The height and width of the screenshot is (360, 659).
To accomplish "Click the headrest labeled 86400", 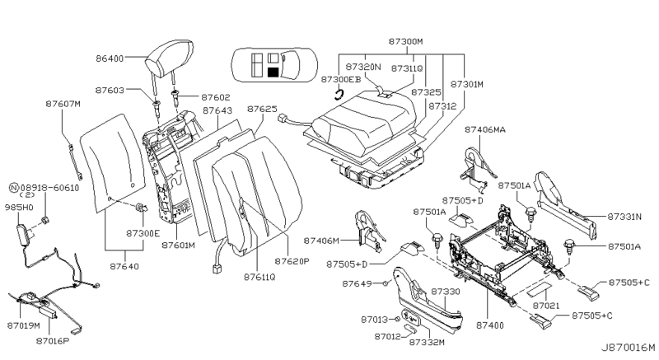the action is [169, 58].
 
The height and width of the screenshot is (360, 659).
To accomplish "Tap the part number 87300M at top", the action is [405, 41].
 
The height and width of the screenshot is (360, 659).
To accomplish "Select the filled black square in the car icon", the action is [273, 72].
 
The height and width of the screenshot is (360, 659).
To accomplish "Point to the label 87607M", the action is [63, 104].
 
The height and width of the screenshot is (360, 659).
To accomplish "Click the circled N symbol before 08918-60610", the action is [14, 188].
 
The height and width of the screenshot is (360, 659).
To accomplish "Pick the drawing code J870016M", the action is [628, 348].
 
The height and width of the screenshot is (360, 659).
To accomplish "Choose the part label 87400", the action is [490, 325].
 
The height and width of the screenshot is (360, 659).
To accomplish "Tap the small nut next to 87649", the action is [384, 284].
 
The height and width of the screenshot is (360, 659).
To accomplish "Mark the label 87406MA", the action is [485, 130].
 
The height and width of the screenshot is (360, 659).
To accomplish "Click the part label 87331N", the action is [624, 217].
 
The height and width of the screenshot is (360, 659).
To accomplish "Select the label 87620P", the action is [292, 261].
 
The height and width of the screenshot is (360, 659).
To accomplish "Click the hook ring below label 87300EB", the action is [339, 95].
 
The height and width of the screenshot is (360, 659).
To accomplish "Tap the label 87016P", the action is [53, 341].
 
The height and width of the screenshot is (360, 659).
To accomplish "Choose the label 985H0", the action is [19, 207].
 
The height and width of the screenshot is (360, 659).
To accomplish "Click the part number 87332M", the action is [427, 343].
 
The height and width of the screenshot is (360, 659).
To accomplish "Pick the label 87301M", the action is [467, 84].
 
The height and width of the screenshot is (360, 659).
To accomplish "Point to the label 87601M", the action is [178, 245].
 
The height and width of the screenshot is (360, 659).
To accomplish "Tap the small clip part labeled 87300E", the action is [140, 208].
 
